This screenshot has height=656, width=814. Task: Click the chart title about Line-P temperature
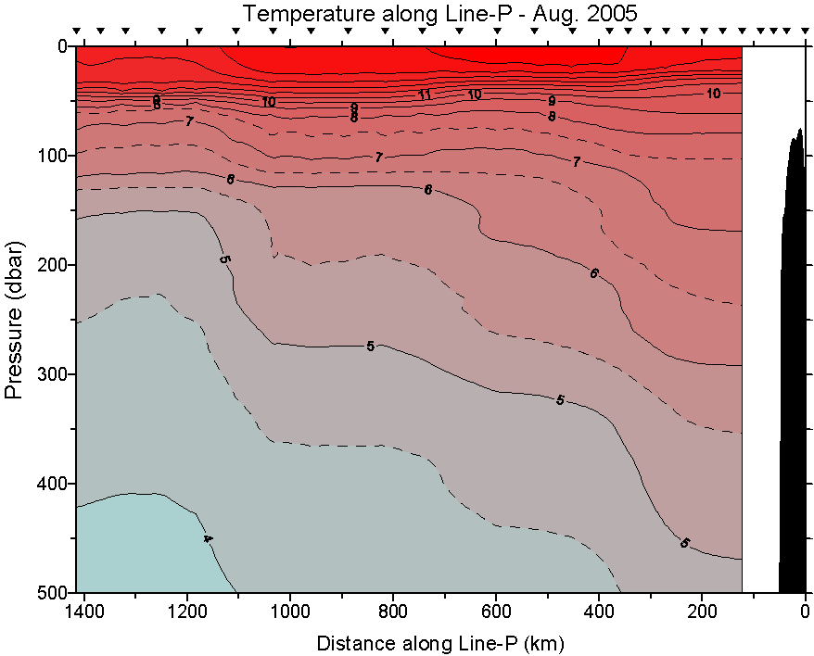point(440,13)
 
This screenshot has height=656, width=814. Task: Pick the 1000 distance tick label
point(291,612)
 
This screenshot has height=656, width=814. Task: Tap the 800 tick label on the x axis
point(394,612)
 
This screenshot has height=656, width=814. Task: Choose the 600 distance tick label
point(497,612)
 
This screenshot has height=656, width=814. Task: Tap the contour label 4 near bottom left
point(208,539)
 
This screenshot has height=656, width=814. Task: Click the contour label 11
point(425,95)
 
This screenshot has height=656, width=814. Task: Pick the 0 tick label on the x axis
point(805,612)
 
